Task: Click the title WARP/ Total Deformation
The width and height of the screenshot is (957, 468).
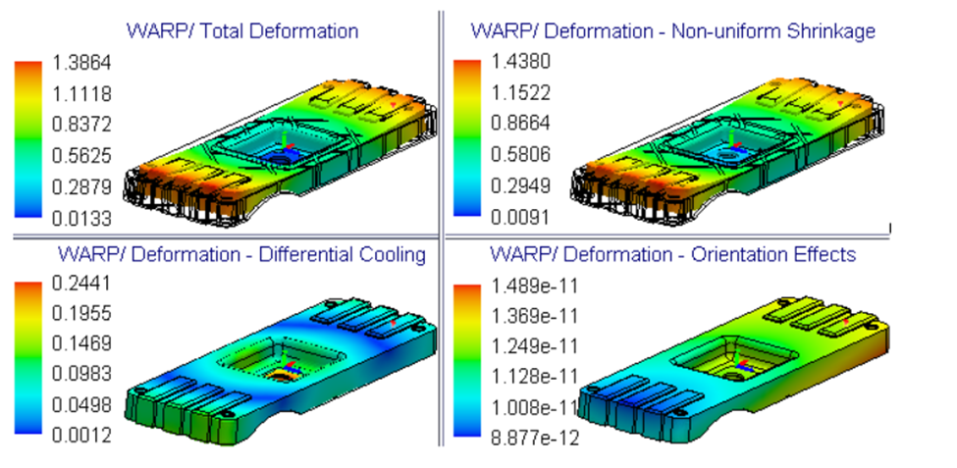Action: pos(241,30)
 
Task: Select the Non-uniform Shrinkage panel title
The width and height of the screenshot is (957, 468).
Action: pos(672,30)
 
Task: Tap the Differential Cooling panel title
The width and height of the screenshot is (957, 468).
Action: pos(241,255)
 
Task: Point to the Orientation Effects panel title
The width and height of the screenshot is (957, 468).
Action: pos(672,255)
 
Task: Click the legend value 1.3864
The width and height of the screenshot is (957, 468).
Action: pos(80,64)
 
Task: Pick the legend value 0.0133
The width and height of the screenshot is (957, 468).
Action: pos(80,217)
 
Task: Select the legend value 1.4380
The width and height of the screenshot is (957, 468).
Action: pos(520,62)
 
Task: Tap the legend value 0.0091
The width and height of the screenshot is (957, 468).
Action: pos(520,216)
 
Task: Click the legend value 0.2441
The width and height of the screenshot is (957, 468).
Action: pos(80,284)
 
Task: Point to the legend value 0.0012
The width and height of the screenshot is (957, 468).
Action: pos(80,436)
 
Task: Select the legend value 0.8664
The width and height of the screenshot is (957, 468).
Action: pos(520,124)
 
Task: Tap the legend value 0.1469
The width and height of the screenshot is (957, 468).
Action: pos(80,343)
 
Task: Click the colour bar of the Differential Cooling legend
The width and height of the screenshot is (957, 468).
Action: pos(27,359)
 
